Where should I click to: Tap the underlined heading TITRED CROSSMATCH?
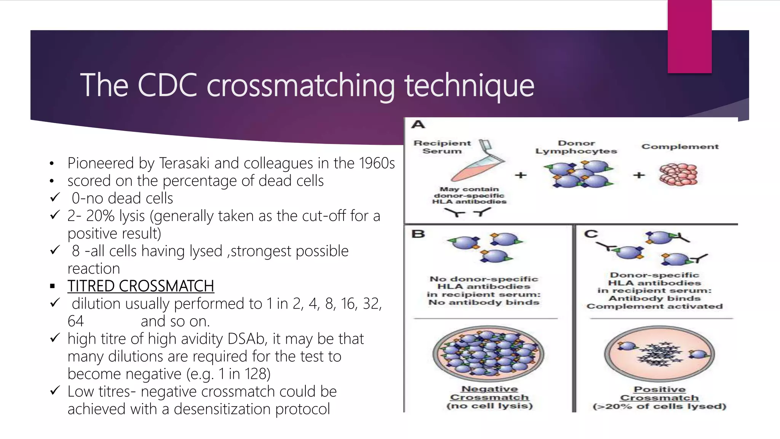(141, 286)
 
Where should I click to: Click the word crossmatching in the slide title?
(300, 85)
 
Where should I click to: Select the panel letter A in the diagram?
(418, 125)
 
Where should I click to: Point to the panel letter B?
(418, 234)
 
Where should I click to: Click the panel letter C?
(591, 234)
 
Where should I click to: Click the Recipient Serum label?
(442, 147)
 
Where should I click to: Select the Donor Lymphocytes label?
(576, 147)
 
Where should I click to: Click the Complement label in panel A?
(680, 147)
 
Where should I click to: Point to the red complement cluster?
(678, 175)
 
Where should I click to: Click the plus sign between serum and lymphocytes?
(521, 175)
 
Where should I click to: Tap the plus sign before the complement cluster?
(639, 175)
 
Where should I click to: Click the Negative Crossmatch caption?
(489, 393)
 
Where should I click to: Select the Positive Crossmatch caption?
(659, 394)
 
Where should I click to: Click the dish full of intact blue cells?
(488, 354)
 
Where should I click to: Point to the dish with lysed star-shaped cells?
(659, 354)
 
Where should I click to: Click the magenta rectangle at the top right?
(689, 36)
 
